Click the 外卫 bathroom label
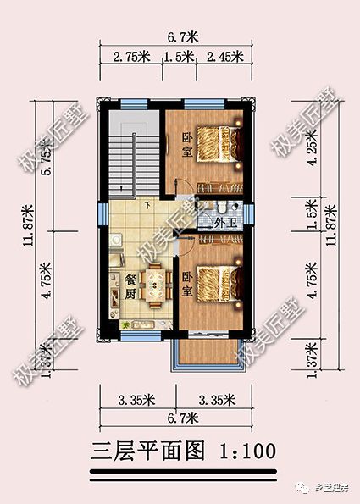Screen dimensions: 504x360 [x=224, y=223]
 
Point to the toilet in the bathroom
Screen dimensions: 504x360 [x=219, y=209]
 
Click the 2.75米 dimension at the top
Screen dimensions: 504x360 [x=130, y=57]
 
